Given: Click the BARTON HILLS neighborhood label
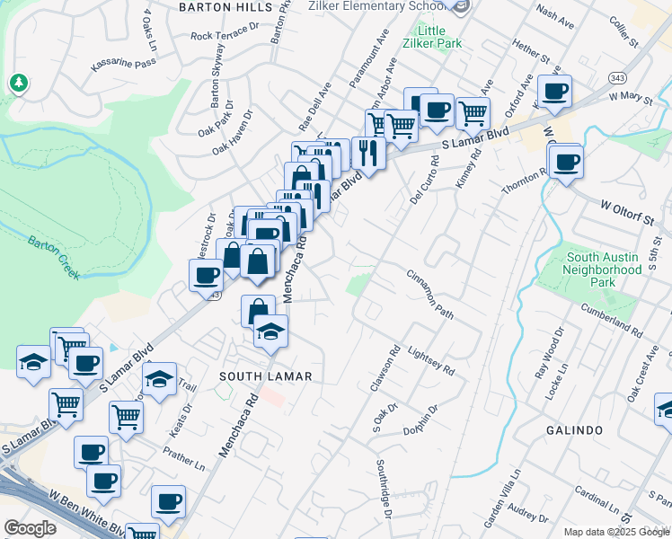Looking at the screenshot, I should coord(225,6).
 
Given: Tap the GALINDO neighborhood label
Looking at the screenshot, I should coord(573,430).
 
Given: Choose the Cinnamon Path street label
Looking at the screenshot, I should coord(429,294).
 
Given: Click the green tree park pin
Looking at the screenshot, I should coord(18,84).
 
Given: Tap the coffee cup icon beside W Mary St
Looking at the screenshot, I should coord(554,91).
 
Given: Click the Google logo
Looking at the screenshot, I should coord(30,528).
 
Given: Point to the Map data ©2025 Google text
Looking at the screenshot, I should coord(616,532).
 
